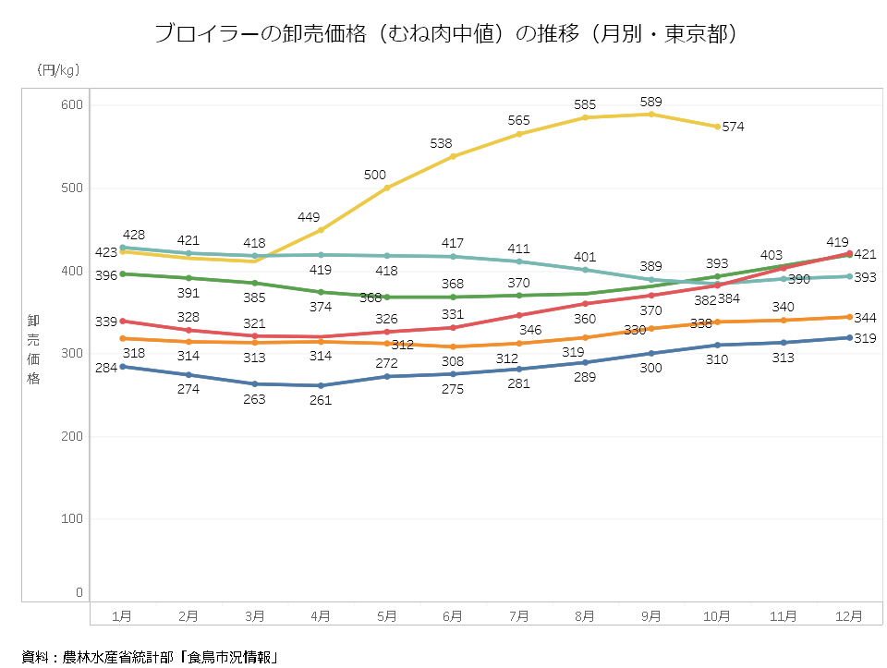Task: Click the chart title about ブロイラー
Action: [x=444, y=34]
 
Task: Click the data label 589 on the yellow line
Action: [x=651, y=102]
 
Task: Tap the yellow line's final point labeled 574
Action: [x=718, y=127]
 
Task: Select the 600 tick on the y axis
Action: [x=72, y=105]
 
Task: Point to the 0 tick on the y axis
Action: [x=79, y=592]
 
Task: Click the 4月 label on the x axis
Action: [x=321, y=615]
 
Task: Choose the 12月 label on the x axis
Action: [x=850, y=615]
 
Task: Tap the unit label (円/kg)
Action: [x=58, y=70]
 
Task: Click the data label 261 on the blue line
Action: [x=321, y=401]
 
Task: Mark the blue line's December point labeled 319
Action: [x=850, y=337]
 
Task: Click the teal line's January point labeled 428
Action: [x=123, y=248]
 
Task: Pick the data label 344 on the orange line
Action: [x=865, y=318]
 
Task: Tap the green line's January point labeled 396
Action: [x=123, y=273]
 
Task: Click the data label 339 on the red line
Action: [x=106, y=321]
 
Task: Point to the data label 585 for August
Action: [x=585, y=104]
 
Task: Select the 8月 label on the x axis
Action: [x=585, y=615]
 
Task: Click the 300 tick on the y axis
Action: [x=72, y=353]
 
